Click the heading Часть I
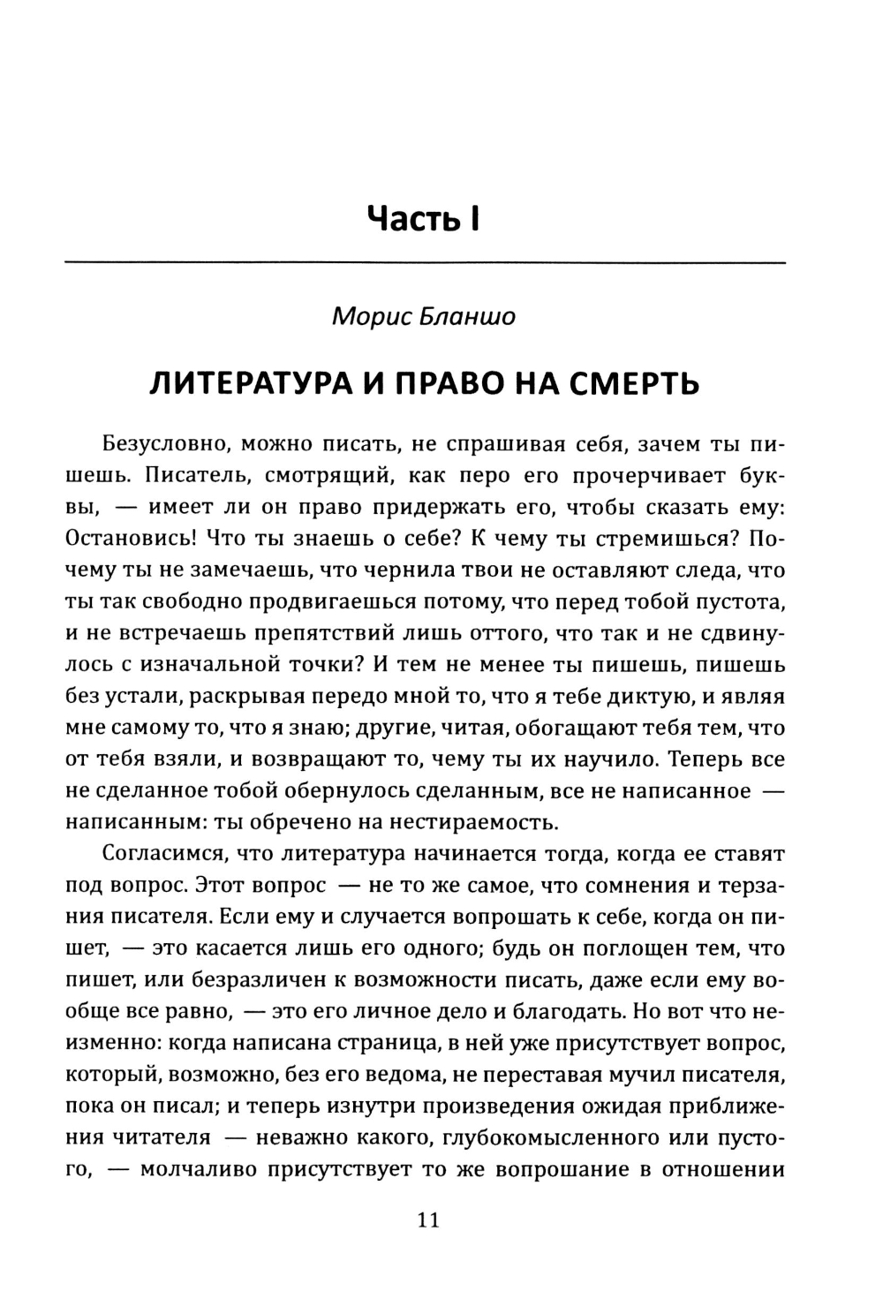424,218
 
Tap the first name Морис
369,317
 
